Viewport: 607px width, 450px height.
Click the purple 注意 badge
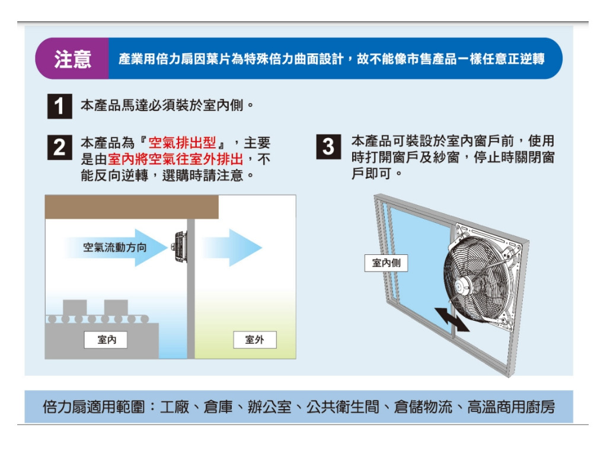[x=72, y=59]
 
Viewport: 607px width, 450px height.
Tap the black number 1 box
[x=60, y=106]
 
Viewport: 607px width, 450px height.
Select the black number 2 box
[x=60, y=147]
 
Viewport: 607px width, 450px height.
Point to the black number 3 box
[x=328, y=147]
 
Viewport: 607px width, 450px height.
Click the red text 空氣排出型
[x=182, y=143]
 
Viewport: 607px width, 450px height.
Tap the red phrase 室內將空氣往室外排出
[x=175, y=159]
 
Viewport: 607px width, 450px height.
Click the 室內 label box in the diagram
[x=106, y=340]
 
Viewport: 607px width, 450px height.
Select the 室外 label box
[x=255, y=340]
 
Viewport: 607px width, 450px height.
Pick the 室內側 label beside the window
[x=386, y=263]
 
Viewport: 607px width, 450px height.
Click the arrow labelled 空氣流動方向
[x=116, y=247]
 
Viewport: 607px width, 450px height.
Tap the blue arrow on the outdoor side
[x=232, y=247]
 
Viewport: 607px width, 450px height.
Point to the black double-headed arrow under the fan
[x=452, y=320]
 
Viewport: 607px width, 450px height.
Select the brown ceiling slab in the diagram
[x=132, y=207]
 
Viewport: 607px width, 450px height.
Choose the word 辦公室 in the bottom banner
[x=270, y=407]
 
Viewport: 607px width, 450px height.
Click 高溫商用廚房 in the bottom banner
[x=511, y=407]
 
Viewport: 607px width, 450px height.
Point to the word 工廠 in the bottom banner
[x=175, y=407]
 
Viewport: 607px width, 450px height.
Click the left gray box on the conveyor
[x=75, y=308]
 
